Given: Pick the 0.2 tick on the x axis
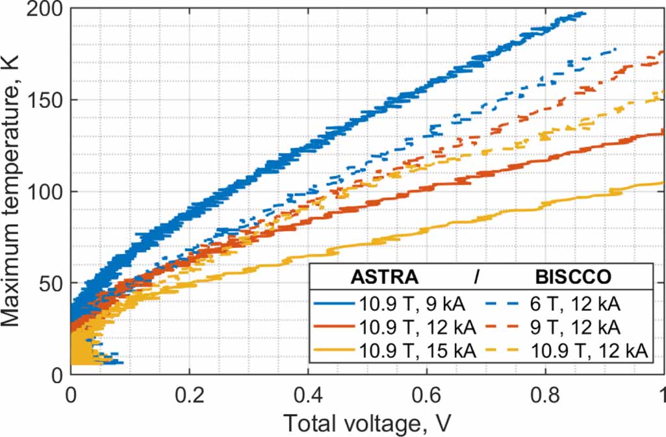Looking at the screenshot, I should [189, 395].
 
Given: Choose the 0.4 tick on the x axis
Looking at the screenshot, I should [308, 395].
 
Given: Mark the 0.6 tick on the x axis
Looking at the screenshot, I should [426, 395].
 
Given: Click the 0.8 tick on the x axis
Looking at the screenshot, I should [545, 395].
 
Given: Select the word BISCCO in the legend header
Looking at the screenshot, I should [573, 277].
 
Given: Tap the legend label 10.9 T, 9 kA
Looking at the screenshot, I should [416, 304].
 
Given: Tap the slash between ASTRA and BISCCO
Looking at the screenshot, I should [476, 277].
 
